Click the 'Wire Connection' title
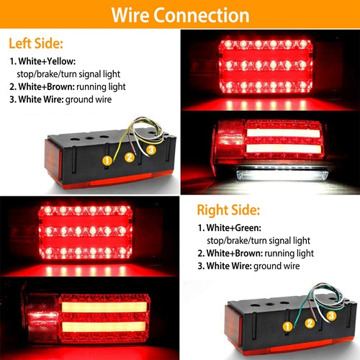point(180,15)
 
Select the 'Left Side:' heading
point(36,43)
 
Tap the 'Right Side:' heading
point(228,210)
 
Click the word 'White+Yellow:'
point(47,61)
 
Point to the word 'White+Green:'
point(234,228)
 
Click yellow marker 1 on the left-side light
point(107,161)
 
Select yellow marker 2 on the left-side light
point(130,157)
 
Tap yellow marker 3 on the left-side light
point(151,150)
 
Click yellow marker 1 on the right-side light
point(287,327)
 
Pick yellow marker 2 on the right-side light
point(310,323)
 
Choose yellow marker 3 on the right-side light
point(331,315)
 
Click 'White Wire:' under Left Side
point(40,99)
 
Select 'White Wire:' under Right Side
point(229,266)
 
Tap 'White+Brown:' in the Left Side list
point(47,86)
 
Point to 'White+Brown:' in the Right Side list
point(235,253)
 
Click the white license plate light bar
point(282,174)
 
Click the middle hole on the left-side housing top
point(90,138)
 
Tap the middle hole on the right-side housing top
point(269,305)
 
